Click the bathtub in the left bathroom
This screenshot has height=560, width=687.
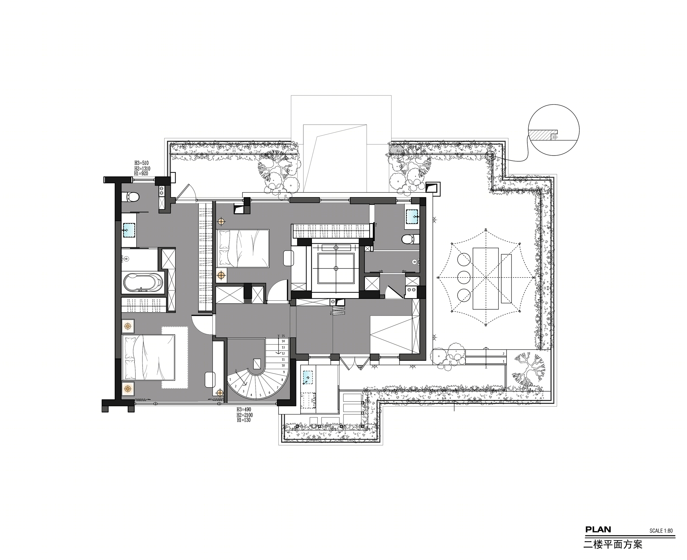point(143,283)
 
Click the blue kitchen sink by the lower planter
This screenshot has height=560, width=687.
point(307,378)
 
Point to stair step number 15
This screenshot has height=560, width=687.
point(283,336)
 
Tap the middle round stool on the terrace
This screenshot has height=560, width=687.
point(464,277)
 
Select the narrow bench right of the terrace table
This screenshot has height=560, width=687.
point(506,278)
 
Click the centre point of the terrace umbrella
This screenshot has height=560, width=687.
point(486,277)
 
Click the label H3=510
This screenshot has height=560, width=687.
point(142,163)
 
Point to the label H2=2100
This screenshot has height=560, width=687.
point(245,415)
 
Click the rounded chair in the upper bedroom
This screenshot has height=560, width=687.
point(288,258)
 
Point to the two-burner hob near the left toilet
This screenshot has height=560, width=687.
point(161,191)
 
